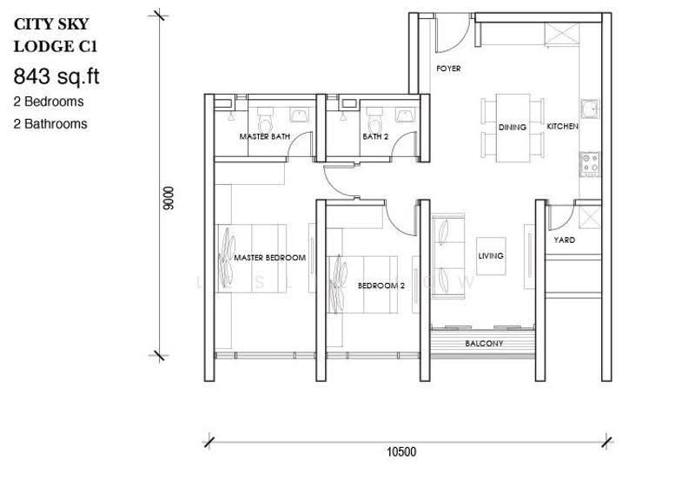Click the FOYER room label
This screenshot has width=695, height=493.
[x=448, y=69]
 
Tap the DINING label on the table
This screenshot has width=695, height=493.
[x=513, y=127]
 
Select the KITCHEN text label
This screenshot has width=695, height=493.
[x=562, y=126]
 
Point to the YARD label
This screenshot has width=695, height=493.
[x=564, y=240]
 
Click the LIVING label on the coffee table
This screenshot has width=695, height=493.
[x=491, y=255]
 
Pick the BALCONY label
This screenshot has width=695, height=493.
[x=484, y=344]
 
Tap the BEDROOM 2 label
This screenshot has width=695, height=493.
[x=381, y=286]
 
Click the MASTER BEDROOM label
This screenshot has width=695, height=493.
[x=269, y=258]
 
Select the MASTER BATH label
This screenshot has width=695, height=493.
[x=265, y=136]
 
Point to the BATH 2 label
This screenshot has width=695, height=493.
[x=375, y=136]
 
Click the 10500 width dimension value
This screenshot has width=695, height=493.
[x=401, y=452]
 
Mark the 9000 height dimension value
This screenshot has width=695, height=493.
[x=169, y=199]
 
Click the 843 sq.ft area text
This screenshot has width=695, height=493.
[x=56, y=76]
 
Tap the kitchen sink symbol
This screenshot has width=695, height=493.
[x=590, y=109]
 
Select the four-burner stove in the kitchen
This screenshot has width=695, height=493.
[x=590, y=164]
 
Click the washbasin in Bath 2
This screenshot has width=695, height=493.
[x=406, y=115]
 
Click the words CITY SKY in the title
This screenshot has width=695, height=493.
[x=51, y=24]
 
